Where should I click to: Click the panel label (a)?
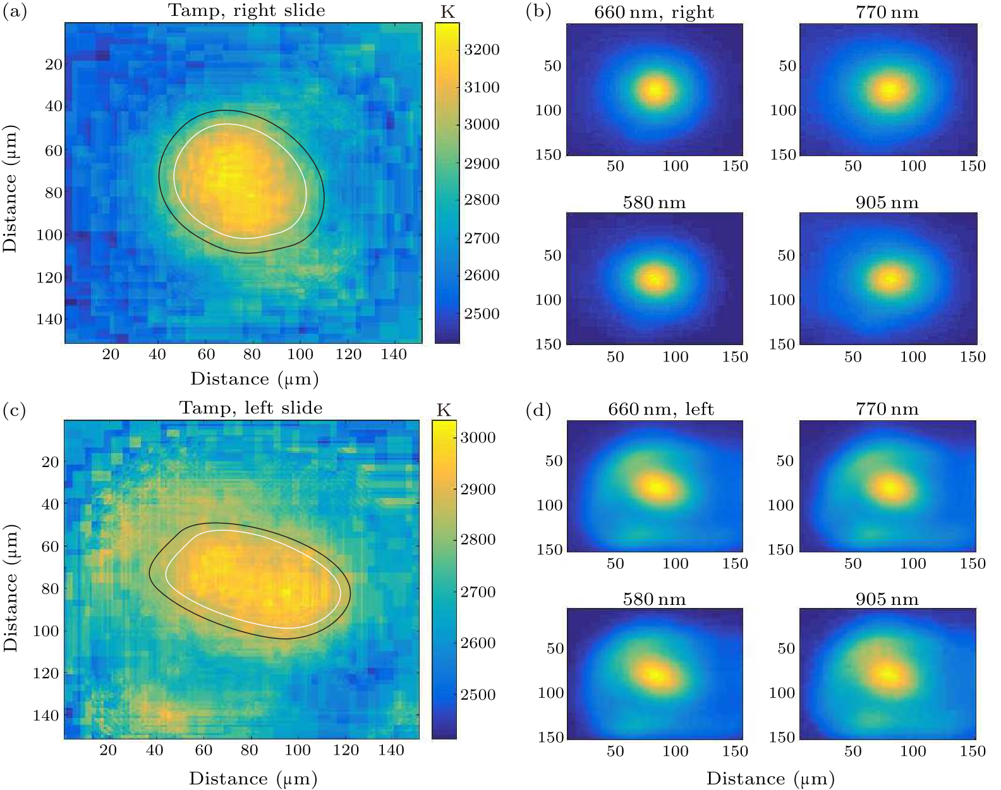tap(15, 12)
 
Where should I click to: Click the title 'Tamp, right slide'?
tap(246, 11)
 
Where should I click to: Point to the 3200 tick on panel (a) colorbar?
tap(482, 50)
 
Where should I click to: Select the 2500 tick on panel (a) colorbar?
tap(482, 314)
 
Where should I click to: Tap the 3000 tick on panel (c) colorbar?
tap(477, 437)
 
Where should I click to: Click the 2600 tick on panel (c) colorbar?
tap(477, 643)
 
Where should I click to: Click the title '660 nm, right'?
tap(654, 13)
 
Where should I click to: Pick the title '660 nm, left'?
tap(660, 410)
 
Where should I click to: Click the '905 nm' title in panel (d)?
tap(887, 599)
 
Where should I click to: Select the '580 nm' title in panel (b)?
tap(654, 203)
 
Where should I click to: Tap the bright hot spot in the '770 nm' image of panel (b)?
tap(890, 90)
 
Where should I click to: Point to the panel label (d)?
tap(538, 411)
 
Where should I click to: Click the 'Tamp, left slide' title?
tap(251, 408)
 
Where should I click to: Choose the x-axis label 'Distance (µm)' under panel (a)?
tap(254, 379)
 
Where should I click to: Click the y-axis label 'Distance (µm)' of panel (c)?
tap(11, 588)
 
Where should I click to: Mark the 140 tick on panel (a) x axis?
tap(394, 355)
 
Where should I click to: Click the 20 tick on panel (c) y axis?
tap(50, 462)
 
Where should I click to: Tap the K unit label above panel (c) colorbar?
tap(444, 411)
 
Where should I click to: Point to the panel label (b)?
tap(538, 12)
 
